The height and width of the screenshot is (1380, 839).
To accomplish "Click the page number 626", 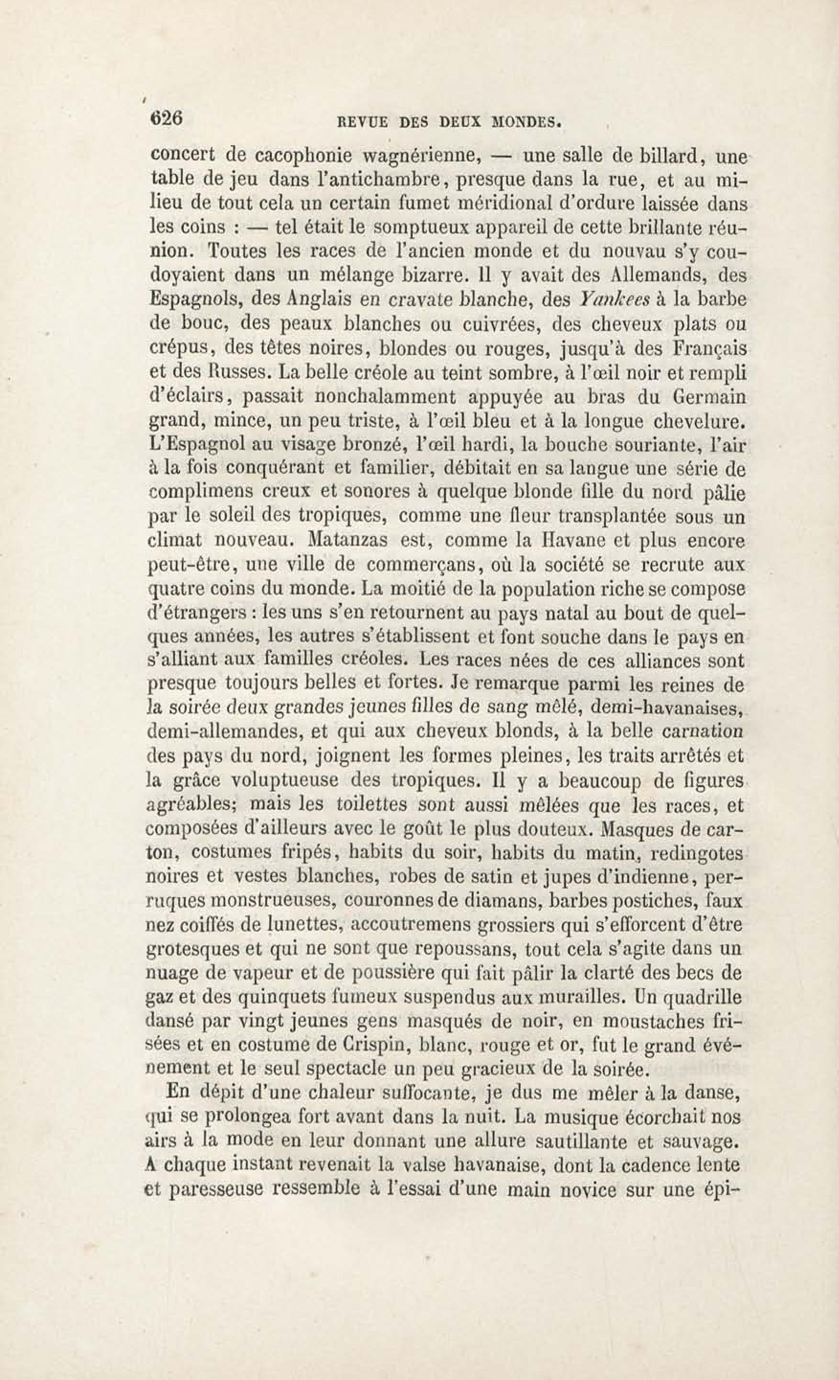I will pyautogui.click(x=166, y=119).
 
